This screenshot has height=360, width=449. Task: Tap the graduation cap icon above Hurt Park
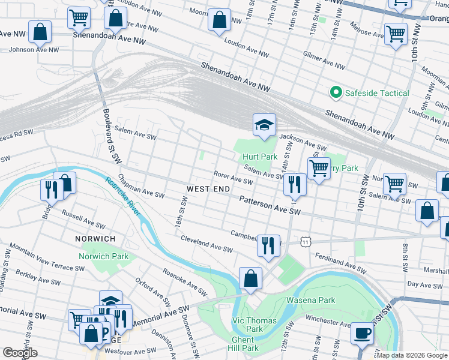click(x=264, y=125)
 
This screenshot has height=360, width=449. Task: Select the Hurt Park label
click(x=260, y=157)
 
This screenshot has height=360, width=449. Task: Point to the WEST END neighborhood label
click(x=208, y=189)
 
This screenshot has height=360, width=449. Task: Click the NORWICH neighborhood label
click(x=95, y=239)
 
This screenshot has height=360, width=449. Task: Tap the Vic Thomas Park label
click(x=255, y=325)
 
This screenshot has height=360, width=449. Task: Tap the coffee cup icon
click(x=362, y=332)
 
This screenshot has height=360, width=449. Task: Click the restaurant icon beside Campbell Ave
click(x=268, y=245)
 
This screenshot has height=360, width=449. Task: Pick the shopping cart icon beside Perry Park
click(x=319, y=167)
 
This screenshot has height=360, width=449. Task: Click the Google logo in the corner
click(x=20, y=353)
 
